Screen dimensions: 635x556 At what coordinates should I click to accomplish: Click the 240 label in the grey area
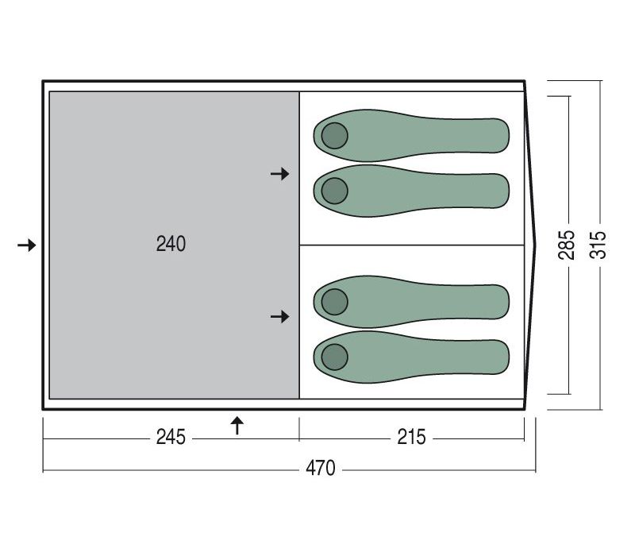pyautogui.click(x=171, y=244)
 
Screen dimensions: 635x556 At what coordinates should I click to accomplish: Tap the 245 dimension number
pyautogui.click(x=171, y=437)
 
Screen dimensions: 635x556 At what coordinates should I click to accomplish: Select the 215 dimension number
pyautogui.click(x=411, y=437)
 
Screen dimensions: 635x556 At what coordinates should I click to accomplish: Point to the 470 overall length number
pyautogui.click(x=321, y=468)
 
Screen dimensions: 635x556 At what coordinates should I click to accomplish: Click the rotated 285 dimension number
pyautogui.click(x=566, y=245)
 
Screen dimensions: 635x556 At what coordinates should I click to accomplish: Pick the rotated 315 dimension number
pyautogui.click(x=598, y=245)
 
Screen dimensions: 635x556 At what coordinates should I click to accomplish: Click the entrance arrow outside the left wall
pyautogui.click(x=27, y=245)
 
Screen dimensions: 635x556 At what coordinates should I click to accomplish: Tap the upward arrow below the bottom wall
pyautogui.click(x=237, y=426)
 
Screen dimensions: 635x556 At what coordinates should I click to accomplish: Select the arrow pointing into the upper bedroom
pyautogui.click(x=280, y=174)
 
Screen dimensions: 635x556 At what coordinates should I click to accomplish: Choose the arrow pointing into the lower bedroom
pyautogui.click(x=280, y=316)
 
